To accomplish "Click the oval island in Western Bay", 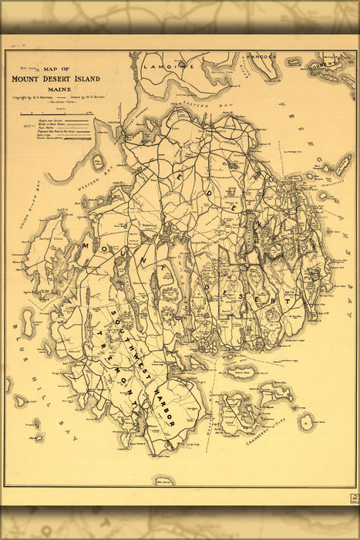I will (98, 161).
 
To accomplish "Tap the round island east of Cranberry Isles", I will (307, 421).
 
